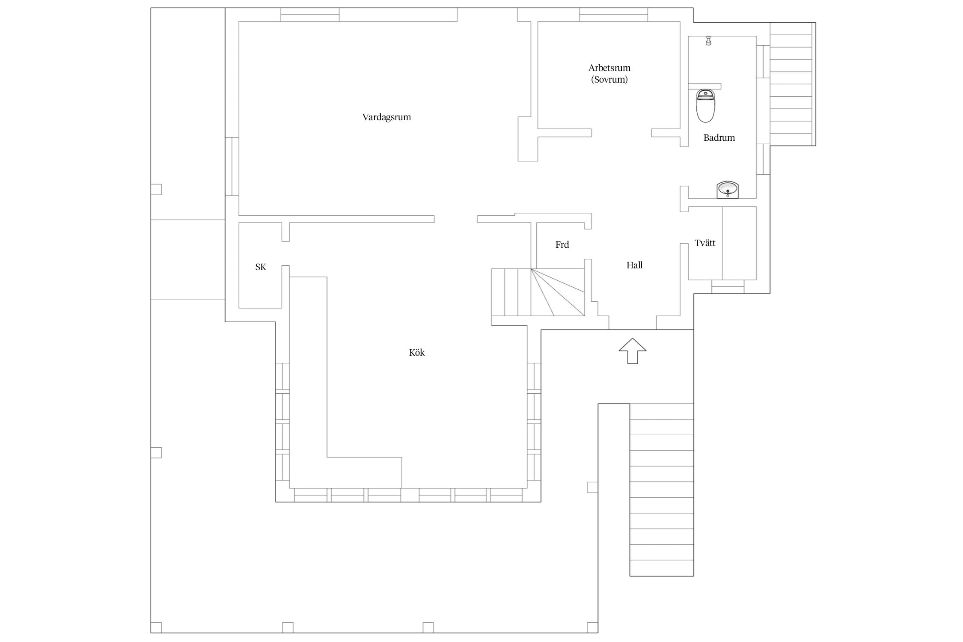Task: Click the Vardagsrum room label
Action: (x=386, y=117)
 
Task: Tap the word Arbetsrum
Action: (x=609, y=68)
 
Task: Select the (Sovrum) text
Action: (x=609, y=80)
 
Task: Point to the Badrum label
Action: (x=719, y=138)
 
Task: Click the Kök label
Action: (x=417, y=352)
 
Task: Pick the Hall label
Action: (x=634, y=265)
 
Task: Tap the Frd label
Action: (x=562, y=245)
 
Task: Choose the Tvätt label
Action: (x=705, y=243)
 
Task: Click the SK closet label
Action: (x=261, y=267)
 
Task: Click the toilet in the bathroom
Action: (x=705, y=105)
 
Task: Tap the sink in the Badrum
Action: (x=728, y=190)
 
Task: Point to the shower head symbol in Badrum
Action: (x=708, y=41)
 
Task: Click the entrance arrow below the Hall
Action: (x=632, y=351)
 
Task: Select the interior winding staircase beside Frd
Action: (x=538, y=292)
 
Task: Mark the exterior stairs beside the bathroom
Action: (x=793, y=84)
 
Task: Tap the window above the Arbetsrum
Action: (x=613, y=15)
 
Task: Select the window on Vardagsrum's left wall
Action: (x=232, y=166)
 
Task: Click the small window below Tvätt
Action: (x=728, y=287)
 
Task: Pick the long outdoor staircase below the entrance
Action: (x=661, y=490)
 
